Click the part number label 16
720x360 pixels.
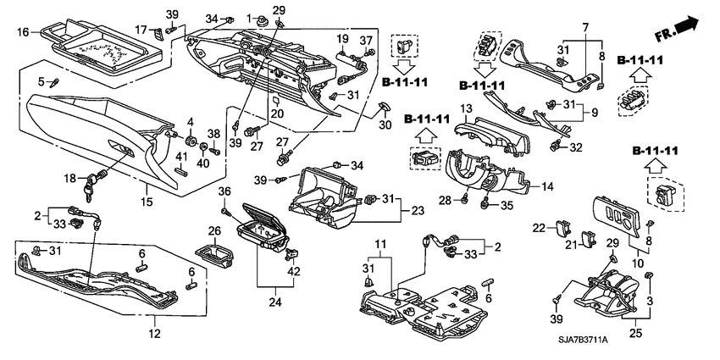[23, 31]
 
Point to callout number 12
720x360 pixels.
[154, 334]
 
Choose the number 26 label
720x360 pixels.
[214, 230]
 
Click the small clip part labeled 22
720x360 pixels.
[562, 227]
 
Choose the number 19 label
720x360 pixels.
[341, 39]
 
